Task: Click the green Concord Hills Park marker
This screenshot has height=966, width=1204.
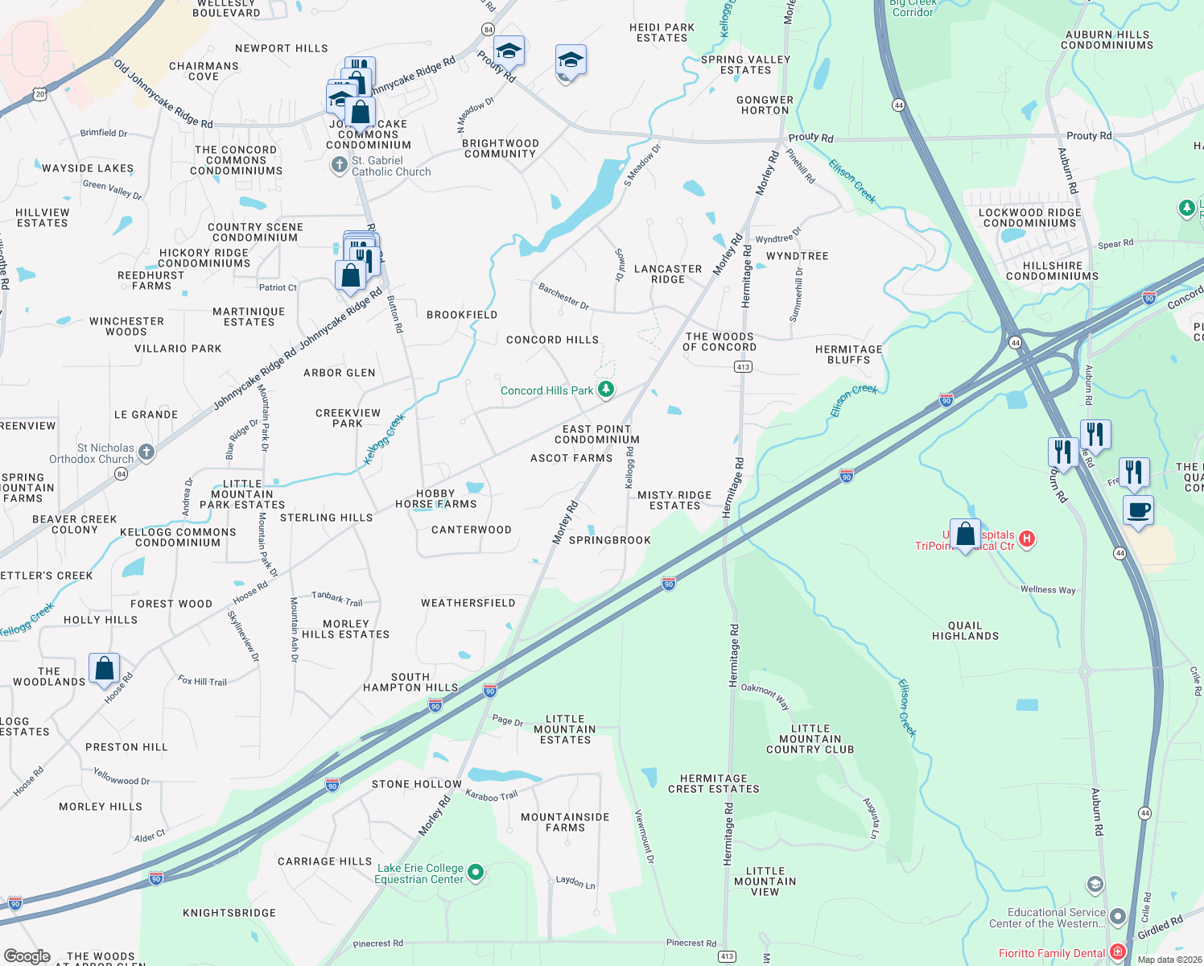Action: pos(606,390)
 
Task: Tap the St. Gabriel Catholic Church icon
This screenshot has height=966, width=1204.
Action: pos(340,165)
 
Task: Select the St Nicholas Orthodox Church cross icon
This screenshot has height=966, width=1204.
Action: pos(146,452)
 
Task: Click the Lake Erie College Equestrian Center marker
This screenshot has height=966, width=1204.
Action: pos(476,873)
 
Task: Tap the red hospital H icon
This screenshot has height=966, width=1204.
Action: pos(1027,539)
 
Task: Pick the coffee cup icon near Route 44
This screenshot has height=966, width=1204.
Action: pos(1138,511)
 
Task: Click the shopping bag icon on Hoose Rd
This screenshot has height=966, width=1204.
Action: pos(105,669)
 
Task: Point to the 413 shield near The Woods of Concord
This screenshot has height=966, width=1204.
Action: pos(743,367)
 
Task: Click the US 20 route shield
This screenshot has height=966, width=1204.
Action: pos(40,94)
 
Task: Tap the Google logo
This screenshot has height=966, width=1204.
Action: pos(27,956)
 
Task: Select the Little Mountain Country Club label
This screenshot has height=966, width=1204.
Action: pos(810,739)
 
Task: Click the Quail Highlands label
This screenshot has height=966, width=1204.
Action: pos(965,630)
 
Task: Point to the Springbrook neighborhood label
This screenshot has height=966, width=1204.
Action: pos(609,540)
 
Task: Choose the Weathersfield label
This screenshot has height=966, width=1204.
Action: pos(468,603)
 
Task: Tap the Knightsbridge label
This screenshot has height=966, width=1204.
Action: pos(229,913)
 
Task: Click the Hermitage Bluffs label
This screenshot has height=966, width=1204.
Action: pos(848,354)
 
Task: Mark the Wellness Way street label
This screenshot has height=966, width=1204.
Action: pos(1048,589)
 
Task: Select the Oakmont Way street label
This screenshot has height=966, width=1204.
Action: pos(765,695)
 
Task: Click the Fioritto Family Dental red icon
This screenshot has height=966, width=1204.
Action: pos(1117,952)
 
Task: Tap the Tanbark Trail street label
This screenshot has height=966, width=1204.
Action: pos(337,598)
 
